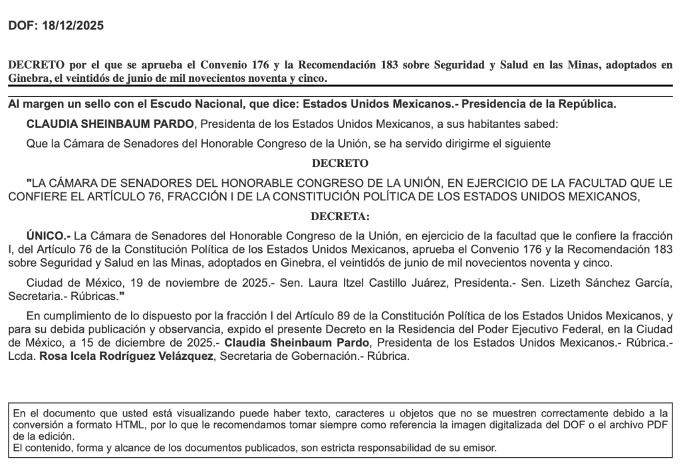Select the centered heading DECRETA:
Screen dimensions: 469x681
tap(340, 216)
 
